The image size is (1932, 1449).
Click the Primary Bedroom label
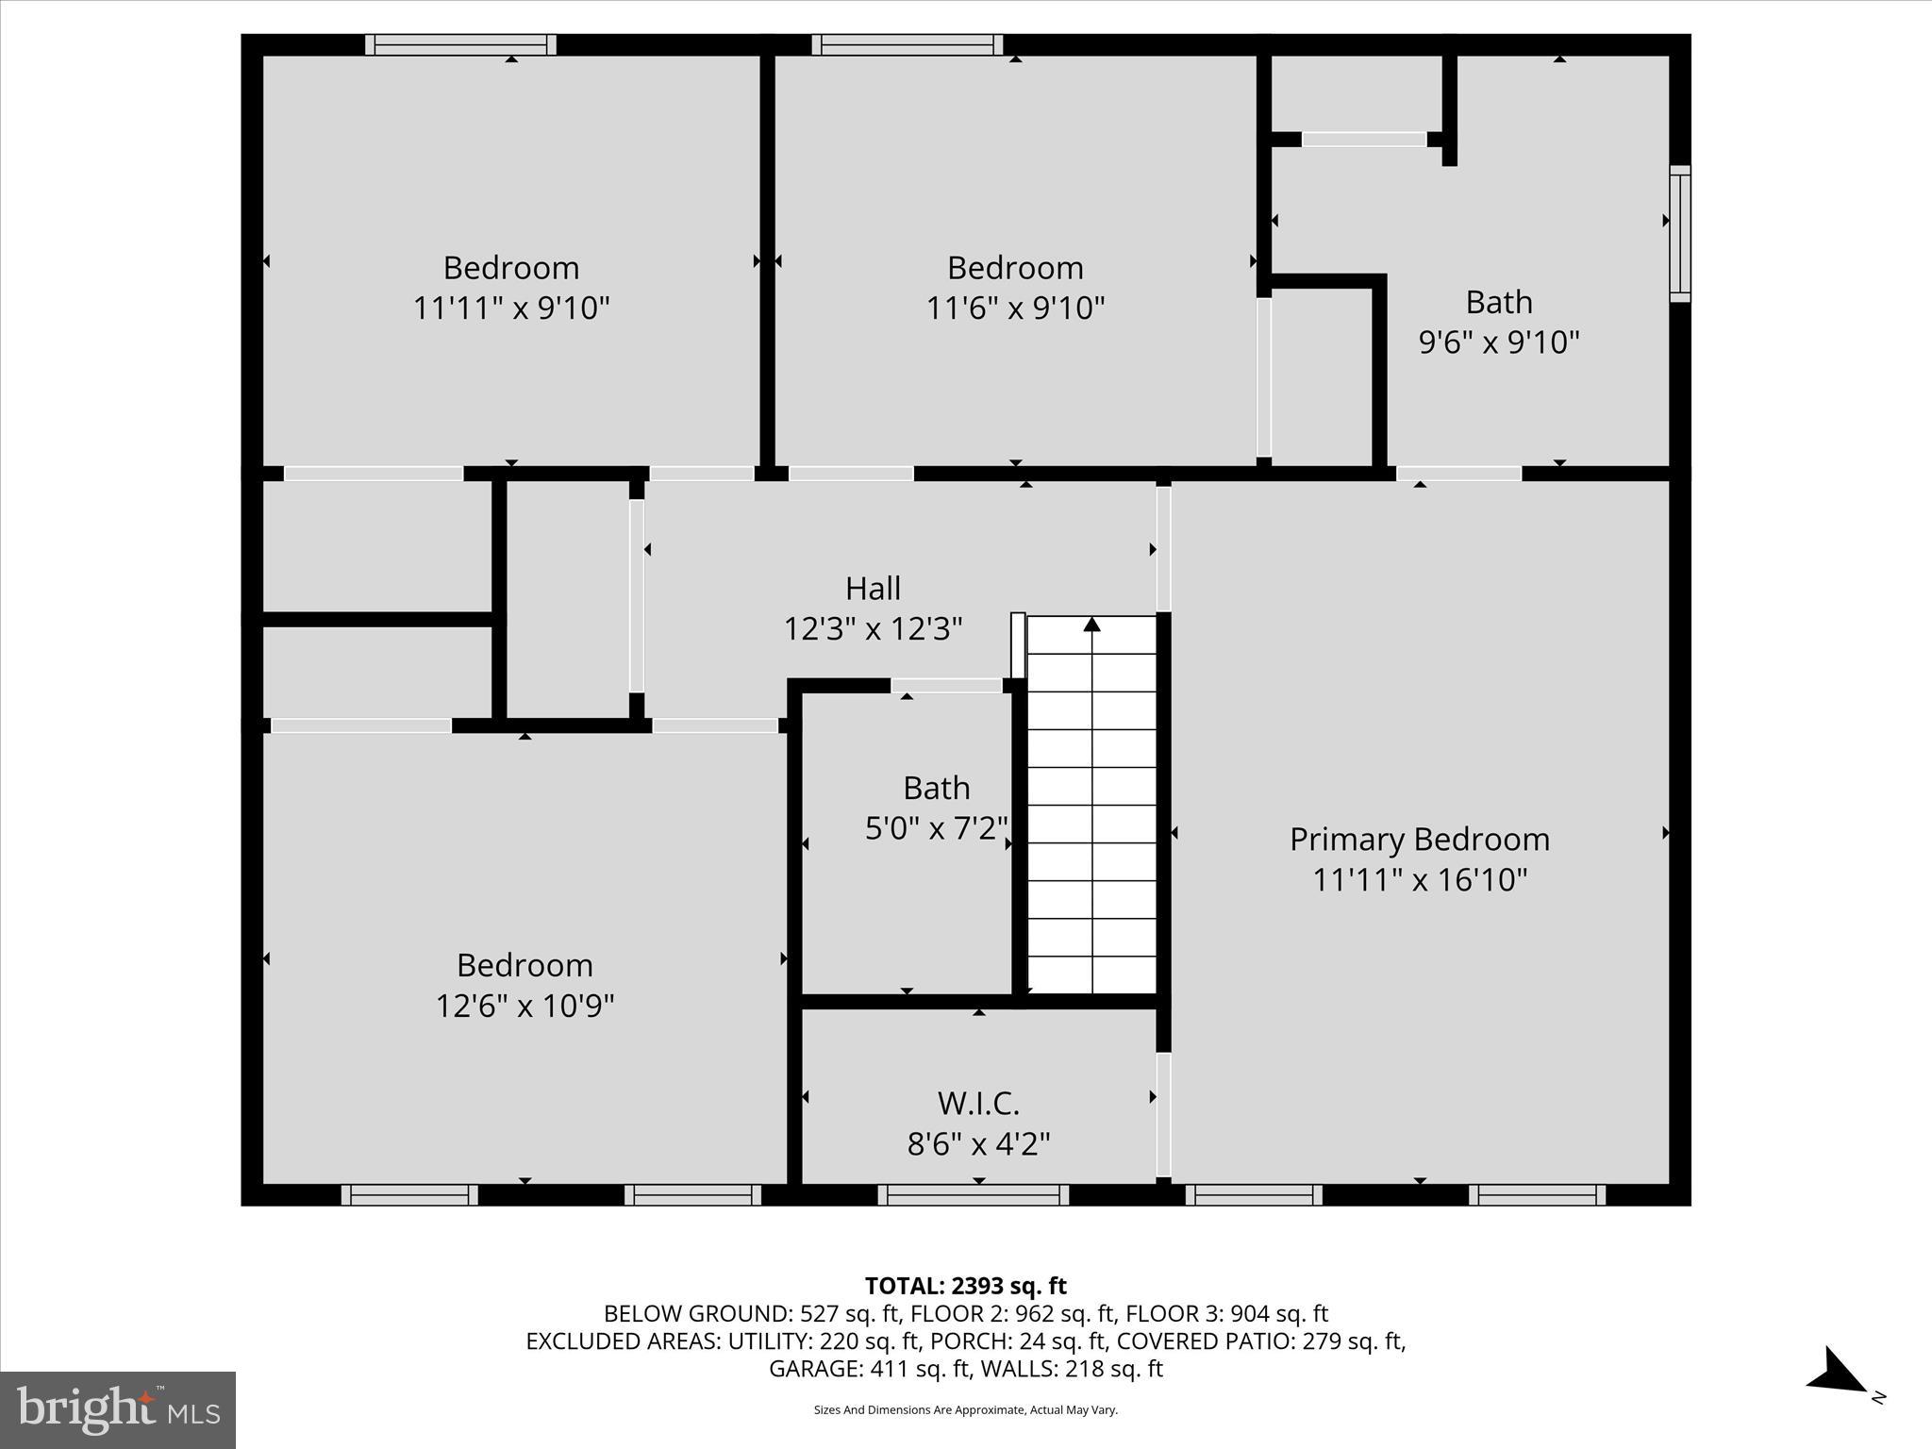pos(1419,839)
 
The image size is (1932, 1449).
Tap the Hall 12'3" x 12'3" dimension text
pos(873,629)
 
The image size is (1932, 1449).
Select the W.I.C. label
pos(978,1103)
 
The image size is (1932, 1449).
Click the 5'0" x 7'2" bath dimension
pos(936,828)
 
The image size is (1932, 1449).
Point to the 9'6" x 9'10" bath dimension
pos(1498,341)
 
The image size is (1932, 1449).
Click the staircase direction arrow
pos(1091,625)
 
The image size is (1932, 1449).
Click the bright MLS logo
pos(118,1410)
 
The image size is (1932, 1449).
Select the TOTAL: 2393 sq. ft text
pos(965,1286)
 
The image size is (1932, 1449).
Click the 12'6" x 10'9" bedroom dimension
pos(525,1006)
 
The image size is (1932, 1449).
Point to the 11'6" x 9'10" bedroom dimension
pos(1015,308)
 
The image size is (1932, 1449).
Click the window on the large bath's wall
pos(1679,234)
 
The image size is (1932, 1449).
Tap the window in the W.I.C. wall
pos(973,1195)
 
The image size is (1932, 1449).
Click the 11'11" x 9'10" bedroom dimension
pos(511,308)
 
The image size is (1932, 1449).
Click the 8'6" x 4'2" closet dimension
pos(978,1144)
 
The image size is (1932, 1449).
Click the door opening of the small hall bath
pos(946,686)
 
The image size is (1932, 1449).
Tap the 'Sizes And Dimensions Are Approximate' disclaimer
pos(965,1410)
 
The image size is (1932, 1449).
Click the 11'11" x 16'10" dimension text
pos(1419,880)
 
